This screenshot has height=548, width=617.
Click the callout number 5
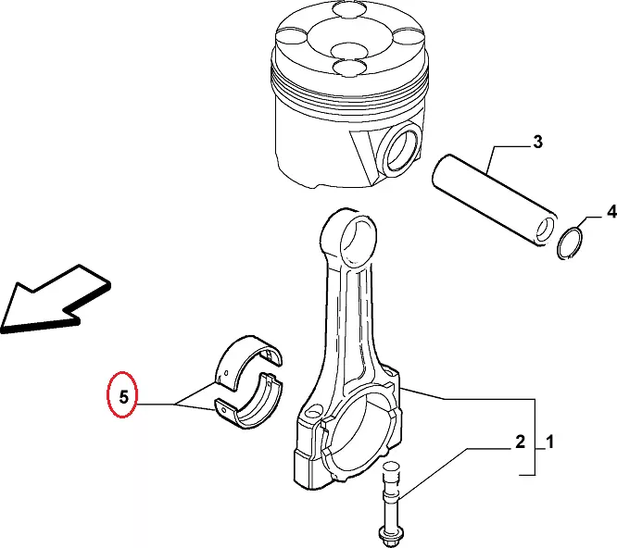tap(123, 396)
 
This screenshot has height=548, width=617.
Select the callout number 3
tap(537, 142)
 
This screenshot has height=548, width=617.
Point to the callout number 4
tap(611, 212)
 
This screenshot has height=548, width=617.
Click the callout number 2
tap(520, 442)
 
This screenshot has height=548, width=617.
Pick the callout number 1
tap(549, 442)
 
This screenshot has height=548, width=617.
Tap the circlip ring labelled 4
tap(571, 243)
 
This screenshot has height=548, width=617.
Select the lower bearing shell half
tap(249, 401)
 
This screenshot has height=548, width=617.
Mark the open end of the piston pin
tap(545, 230)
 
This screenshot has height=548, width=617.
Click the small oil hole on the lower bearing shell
tap(224, 410)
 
